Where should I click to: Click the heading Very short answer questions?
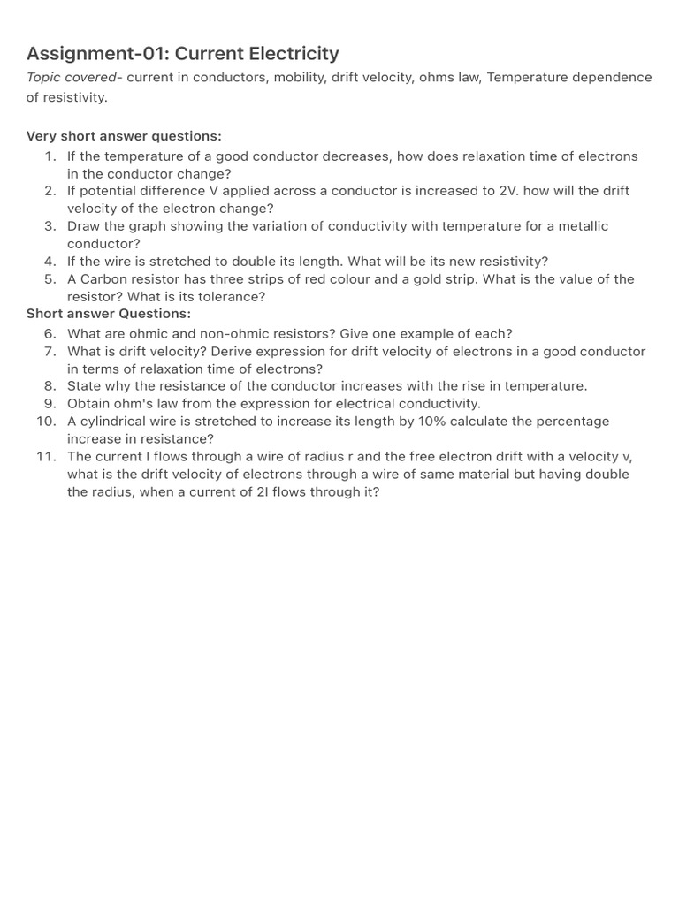pos(124,136)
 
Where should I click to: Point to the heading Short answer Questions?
pos(109,314)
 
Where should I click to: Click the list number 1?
pos(50,156)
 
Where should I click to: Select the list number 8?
pos(50,386)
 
